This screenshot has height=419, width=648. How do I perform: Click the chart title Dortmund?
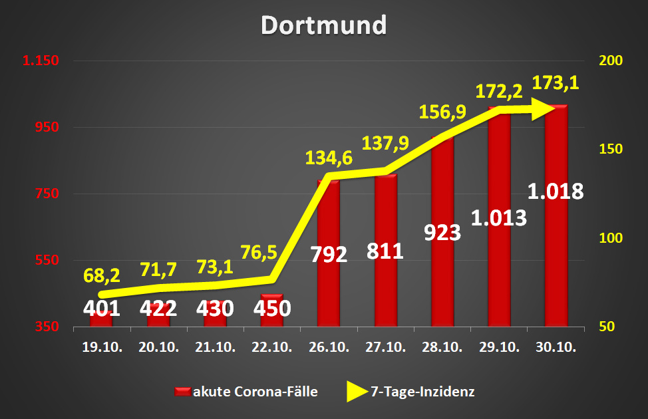(323, 25)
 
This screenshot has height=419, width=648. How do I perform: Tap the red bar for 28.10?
(442, 279)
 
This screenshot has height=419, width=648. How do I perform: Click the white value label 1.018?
(556, 192)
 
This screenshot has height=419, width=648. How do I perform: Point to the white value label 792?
(329, 254)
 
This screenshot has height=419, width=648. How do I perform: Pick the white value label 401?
(101, 309)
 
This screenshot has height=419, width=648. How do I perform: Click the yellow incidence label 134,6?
(328, 158)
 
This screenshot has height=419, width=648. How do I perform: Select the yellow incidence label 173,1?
(556, 83)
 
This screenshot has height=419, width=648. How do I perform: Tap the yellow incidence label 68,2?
(102, 275)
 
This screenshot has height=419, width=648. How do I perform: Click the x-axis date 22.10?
(271, 347)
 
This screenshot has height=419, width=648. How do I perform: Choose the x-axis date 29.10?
(499, 347)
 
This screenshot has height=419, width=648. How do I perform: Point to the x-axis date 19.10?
(101, 347)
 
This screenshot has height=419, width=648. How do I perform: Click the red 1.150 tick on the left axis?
(41, 61)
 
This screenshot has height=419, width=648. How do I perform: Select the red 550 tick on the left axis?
(46, 260)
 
